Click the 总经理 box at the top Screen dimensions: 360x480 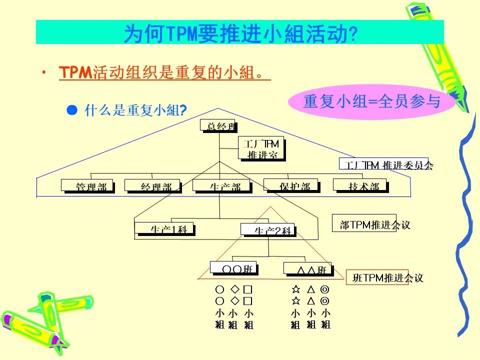(218, 126)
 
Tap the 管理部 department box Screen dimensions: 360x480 (88, 185)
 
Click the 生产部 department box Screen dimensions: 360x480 (221, 185)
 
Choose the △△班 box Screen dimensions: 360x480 (308, 268)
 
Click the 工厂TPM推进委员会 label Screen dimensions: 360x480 (386, 164)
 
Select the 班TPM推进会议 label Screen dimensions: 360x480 (384, 277)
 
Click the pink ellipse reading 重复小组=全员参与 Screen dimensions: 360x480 (371, 101)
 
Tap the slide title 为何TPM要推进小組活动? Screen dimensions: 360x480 (240, 32)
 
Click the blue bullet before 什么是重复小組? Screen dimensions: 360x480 (72, 109)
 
